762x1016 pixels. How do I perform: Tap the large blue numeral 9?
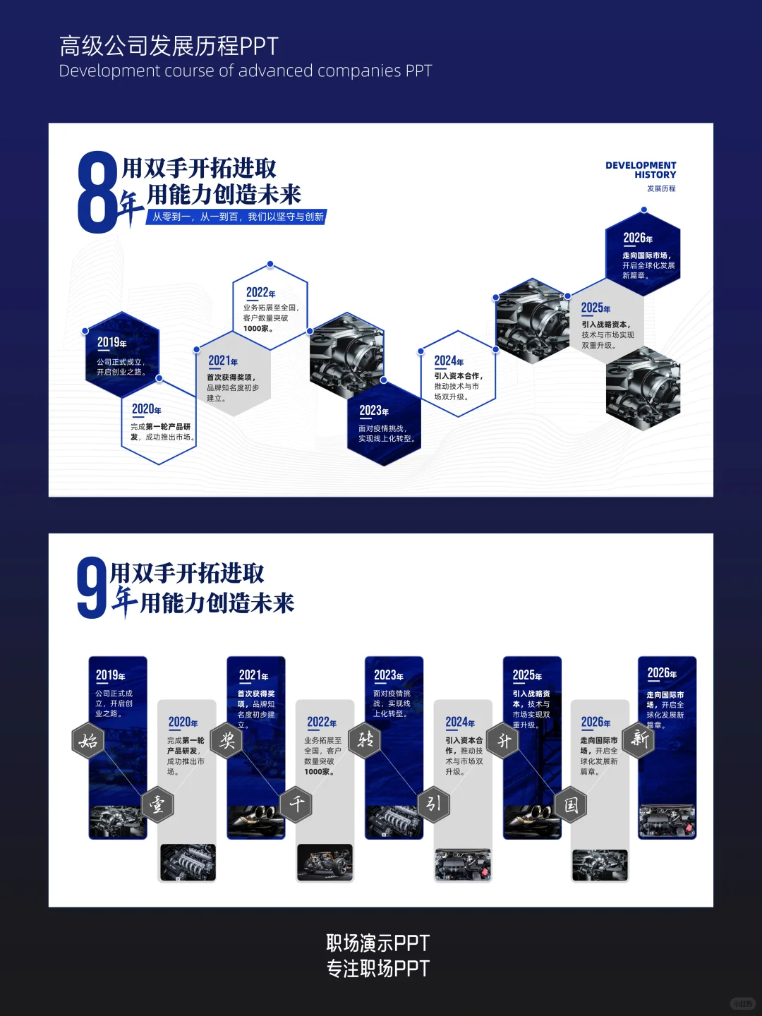92,588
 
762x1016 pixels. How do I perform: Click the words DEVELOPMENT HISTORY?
641,170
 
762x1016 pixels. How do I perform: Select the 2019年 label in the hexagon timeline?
111,343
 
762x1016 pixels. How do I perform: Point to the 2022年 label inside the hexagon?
260,293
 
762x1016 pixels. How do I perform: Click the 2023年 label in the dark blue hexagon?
374,411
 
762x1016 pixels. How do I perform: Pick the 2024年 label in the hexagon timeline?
449,361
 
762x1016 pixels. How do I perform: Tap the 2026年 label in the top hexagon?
638,238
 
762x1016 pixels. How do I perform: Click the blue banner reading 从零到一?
238,217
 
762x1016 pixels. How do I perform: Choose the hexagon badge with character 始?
88,741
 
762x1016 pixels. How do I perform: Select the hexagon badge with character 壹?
157,804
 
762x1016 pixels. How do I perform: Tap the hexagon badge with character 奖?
227,741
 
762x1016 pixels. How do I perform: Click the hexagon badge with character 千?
296,804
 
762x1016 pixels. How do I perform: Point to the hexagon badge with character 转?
365,740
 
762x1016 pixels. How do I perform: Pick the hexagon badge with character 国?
571,804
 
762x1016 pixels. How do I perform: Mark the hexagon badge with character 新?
640,739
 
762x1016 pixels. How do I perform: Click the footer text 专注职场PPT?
378,969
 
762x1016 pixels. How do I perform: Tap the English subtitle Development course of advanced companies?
245,71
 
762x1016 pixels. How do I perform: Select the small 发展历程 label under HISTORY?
661,188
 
